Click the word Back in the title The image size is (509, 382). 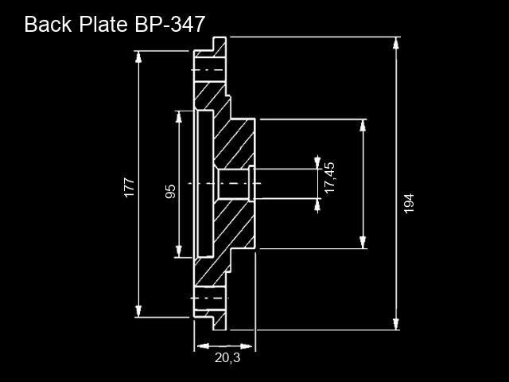point(48,24)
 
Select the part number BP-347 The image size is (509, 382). point(169,24)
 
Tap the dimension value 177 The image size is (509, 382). point(129,188)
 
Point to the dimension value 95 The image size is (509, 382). point(170,191)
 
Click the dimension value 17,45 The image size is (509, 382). point(329,177)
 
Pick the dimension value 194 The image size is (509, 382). point(409,204)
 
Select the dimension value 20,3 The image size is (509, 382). point(227,358)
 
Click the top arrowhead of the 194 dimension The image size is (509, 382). point(396,43)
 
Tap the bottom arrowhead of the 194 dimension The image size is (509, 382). point(396,324)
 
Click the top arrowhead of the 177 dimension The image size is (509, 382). point(138,57)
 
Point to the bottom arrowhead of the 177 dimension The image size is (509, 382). point(138,311)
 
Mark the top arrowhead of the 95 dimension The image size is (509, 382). point(178,117)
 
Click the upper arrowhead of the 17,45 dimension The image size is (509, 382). point(317,162)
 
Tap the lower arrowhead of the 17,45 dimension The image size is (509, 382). point(317,205)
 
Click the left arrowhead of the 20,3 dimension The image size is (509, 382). point(203,346)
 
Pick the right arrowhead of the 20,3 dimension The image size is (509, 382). point(246,346)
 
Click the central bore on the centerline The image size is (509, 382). point(233,184)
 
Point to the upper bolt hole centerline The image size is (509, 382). point(208,70)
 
